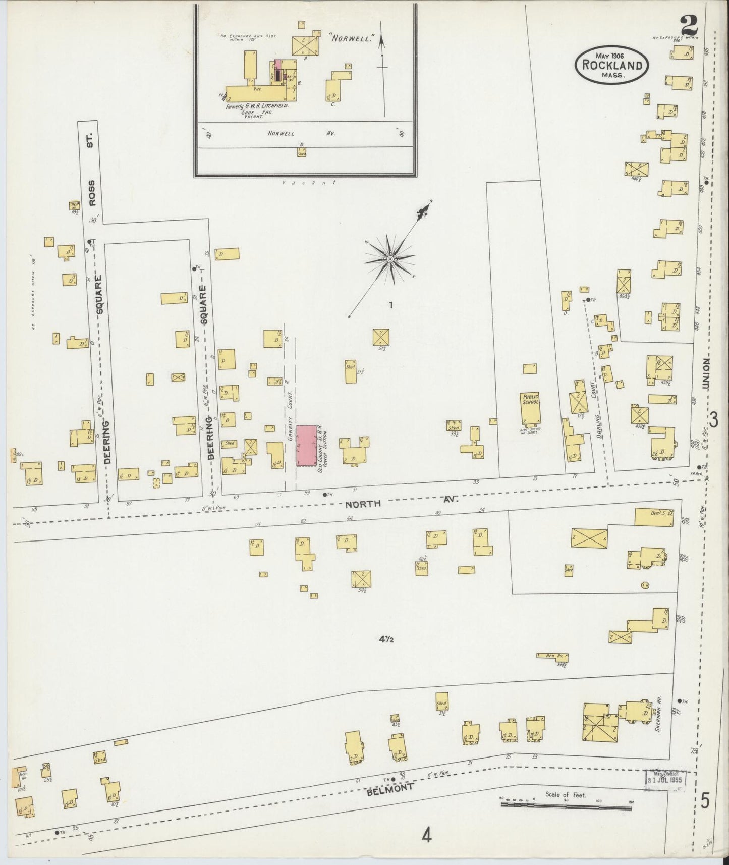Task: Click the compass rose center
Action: tap(390, 259)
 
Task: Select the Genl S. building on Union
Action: tap(654, 517)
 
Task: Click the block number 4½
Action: tap(386, 639)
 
